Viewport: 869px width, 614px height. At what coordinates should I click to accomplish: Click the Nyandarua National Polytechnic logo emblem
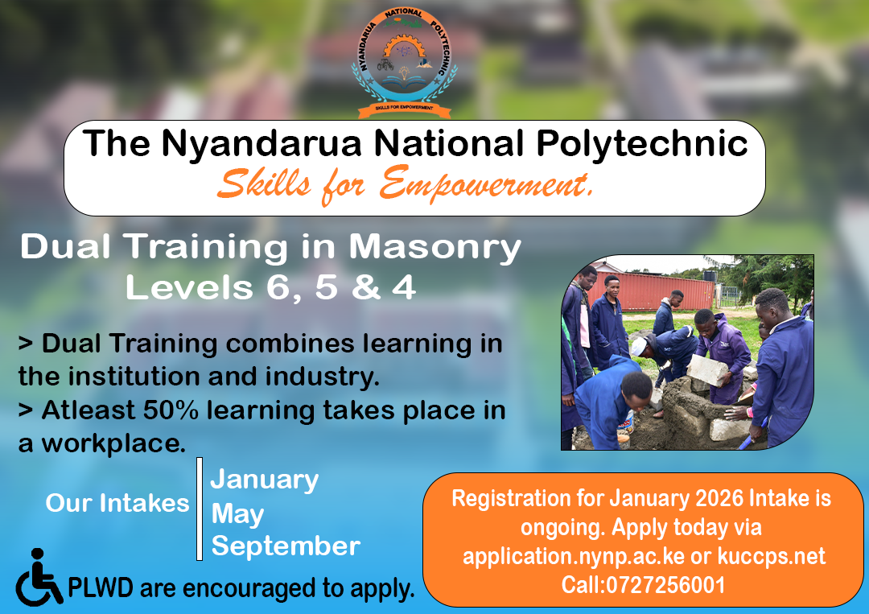(404, 63)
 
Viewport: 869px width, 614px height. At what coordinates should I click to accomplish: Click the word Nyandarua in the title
(262, 144)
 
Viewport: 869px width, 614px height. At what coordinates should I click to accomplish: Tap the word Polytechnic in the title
(642, 144)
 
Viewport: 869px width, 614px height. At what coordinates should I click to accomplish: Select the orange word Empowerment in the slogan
(485, 184)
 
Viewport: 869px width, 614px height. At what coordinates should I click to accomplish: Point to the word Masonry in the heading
(435, 246)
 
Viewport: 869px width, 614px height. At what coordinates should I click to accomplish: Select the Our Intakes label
(117, 503)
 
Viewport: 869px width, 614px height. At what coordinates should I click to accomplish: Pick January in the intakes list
(265, 480)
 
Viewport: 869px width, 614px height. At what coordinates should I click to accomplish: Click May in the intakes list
(237, 513)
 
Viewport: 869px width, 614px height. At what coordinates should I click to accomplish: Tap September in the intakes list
(286, 546)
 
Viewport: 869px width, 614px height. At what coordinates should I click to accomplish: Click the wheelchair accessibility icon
(39, 578)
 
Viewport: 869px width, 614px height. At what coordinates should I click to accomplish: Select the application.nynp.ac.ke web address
(574, 556)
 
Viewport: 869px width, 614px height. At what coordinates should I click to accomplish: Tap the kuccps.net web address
(772, 556)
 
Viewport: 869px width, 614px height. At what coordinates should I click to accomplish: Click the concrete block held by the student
(708, 369)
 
